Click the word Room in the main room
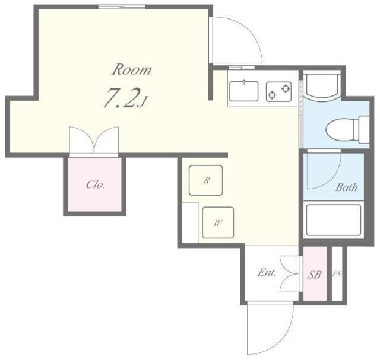[x=132, y=69]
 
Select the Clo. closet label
[x=95, y=184]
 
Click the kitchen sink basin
[x=243, y=91]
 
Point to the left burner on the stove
[x=272, y=95]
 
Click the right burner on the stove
[x=286, y=88]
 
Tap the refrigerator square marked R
[x=205, y=180]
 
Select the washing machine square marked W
[x=218, y=222]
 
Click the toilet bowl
[x=339, y=129]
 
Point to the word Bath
[x=347, y=187]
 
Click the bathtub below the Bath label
[x=334, y=220]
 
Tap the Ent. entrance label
[x=267, y=273]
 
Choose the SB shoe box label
[x=314, y=275]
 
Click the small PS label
[x=337, y=274]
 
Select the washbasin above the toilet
[x=322, y=86]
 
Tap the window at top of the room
[x=122, y=7]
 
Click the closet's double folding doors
[x=94, y=141]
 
